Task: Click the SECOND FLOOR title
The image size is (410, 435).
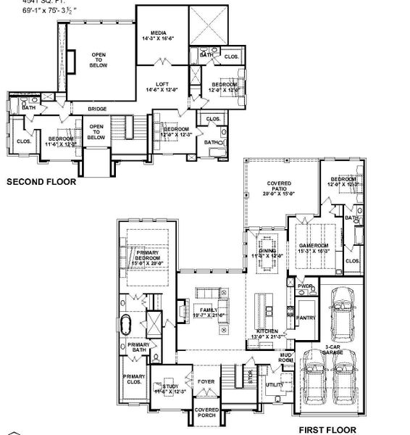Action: [41, 183]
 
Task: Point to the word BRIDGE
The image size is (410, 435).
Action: [98, 109]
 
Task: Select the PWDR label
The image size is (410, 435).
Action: [305, 287]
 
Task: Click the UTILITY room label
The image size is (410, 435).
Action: [275, 385]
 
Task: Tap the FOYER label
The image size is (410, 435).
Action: [206, 378]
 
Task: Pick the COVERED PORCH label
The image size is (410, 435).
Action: [207, 413]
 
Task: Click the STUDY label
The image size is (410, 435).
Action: [170, 387]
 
